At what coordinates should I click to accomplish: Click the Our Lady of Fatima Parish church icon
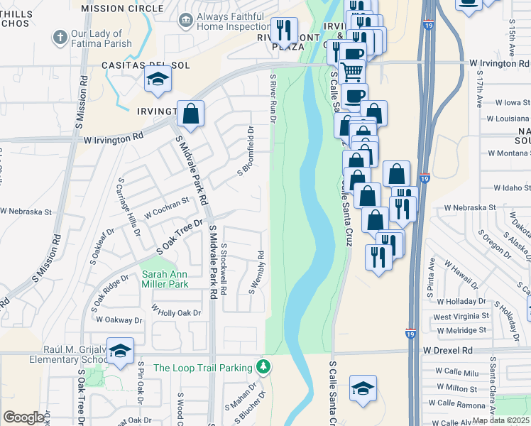pos(60,35)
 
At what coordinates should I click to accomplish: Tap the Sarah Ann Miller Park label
pos(165,278)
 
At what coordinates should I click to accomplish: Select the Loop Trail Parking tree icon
pos(264,366)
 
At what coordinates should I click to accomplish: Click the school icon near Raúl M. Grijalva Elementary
pos(121,352)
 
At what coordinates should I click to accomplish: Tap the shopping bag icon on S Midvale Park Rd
pos(191,114)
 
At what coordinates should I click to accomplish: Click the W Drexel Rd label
pos(447,350)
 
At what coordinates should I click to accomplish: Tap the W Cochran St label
pos(167,207)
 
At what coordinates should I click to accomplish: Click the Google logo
pos(24,417)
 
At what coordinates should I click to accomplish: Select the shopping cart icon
pos(352,70)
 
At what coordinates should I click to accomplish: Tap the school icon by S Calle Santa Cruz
pos(363,389)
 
